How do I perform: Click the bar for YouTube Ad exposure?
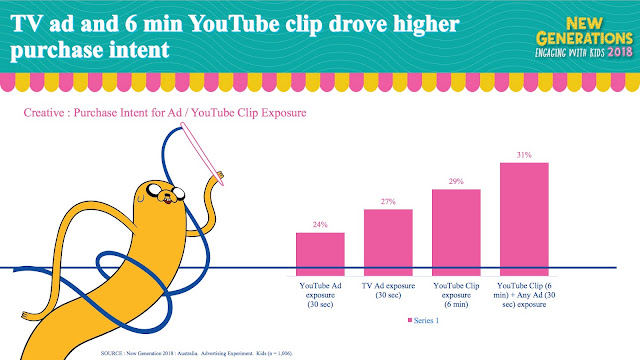(320, 254)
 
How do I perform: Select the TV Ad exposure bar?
(388, 242)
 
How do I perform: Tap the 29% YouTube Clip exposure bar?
(456, 232)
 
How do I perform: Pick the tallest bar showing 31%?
(524, 219)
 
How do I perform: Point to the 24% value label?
(320, 224)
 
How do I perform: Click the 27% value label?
(388, 201)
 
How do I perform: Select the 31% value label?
(524, 155)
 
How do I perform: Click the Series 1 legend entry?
(423, 320)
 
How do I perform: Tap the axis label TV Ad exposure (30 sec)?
(388, 290)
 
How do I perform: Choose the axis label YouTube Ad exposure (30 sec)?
(320, 295)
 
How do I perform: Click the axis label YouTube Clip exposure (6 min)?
(456, 295)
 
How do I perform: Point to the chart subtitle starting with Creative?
(165, 113)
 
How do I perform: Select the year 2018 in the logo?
(620, 52)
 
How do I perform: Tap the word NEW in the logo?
(584, 24)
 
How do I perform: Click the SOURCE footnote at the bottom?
(197, 353)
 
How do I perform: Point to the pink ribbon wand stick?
(202, 154)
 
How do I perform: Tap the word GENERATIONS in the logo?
(584, 39)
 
